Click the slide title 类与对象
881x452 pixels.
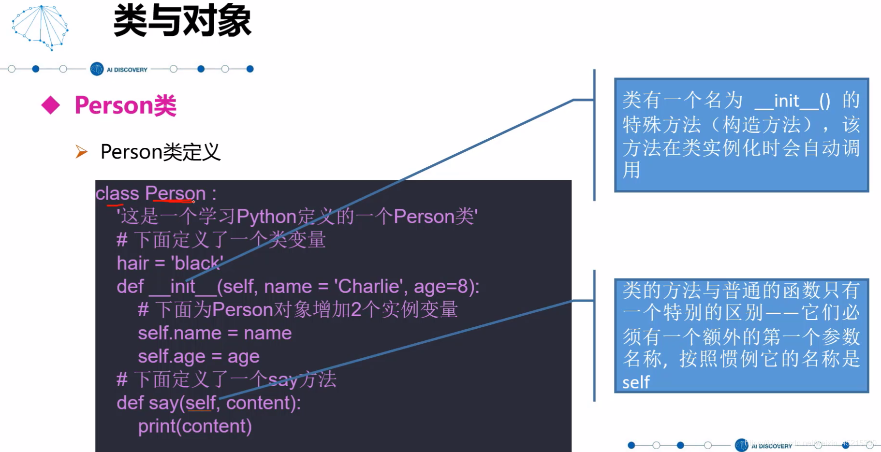(182, 20)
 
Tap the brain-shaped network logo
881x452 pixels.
(40, 28)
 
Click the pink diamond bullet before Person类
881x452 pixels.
(51, 105)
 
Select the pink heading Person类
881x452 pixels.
(126, 105)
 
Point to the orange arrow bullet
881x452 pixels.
(81, 152)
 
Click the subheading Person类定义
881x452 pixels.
(160, 152)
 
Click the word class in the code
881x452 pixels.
(117, 193)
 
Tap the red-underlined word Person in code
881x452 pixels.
(175, 193)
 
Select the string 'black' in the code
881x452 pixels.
(197, 263)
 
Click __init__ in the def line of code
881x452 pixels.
(183, 287)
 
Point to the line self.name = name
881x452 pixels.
(215, 333)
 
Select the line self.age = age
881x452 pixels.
(199, 357)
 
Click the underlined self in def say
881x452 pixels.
(200, 403)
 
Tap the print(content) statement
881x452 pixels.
(195, 426)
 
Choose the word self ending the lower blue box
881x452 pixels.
(636, 382)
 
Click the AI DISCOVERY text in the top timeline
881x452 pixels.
(127, 70)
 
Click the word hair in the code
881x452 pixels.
(132, 263)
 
